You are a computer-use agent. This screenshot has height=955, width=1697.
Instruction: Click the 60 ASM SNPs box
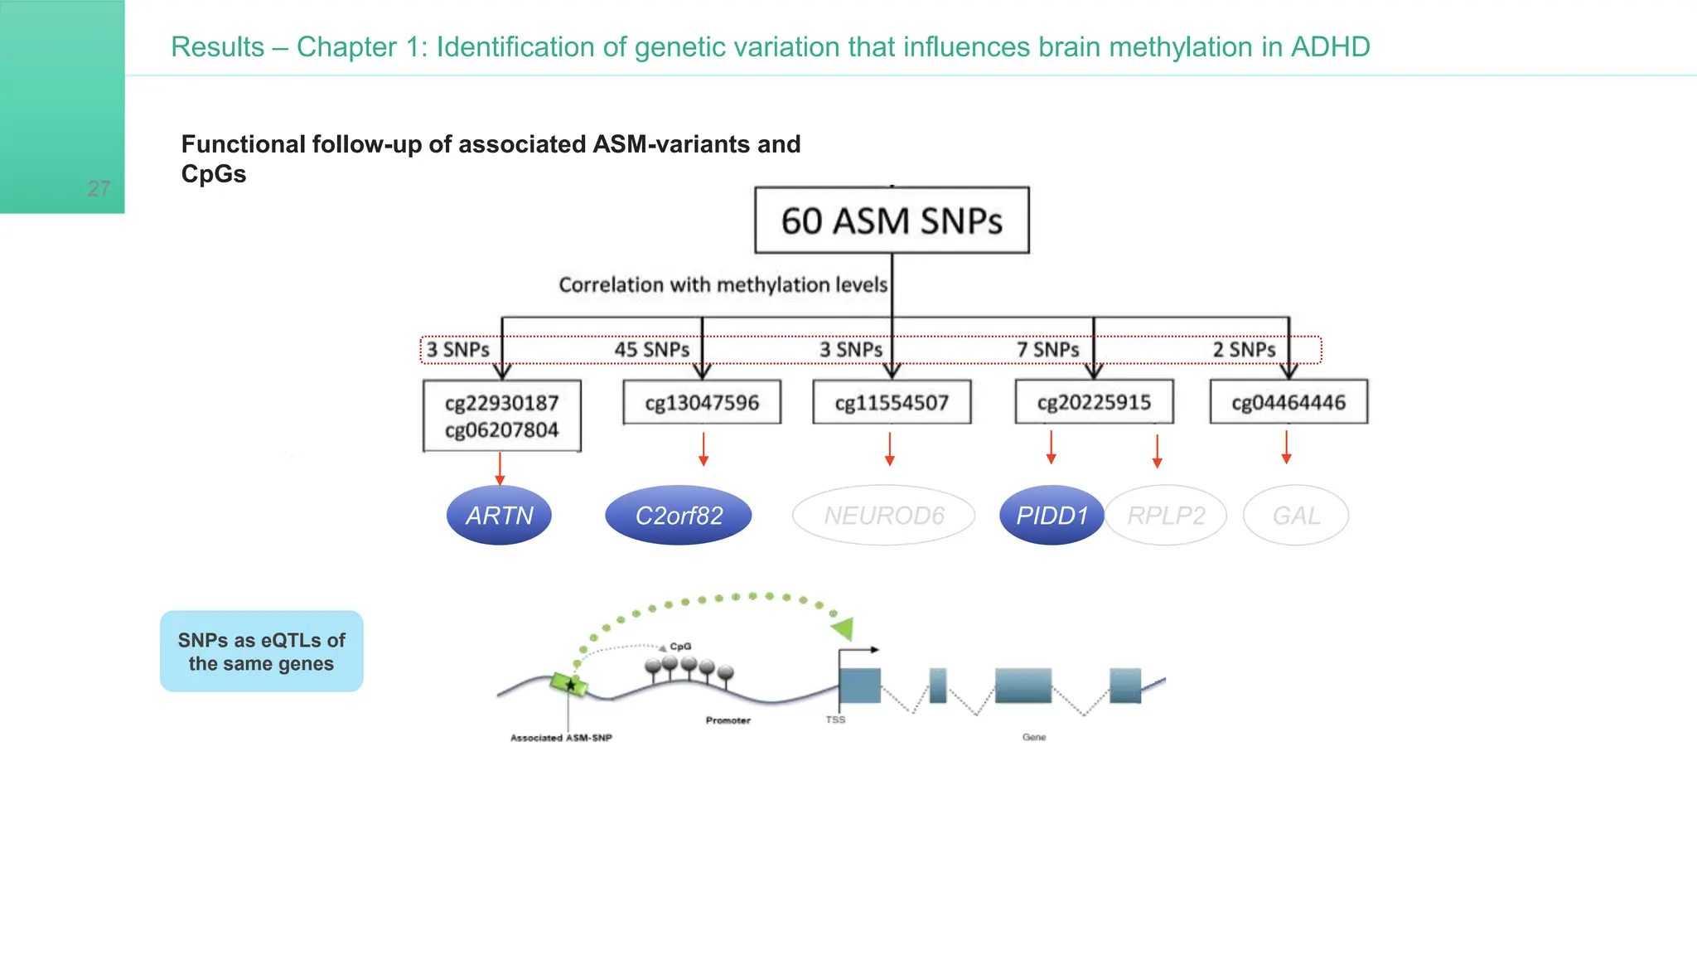tap(892, 221)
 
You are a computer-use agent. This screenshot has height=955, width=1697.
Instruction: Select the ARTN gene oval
tap(499, 516)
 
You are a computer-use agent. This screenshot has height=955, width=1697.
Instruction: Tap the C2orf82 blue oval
tap(679, 516)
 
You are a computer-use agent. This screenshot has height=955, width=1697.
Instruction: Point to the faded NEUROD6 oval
tap(883, 516)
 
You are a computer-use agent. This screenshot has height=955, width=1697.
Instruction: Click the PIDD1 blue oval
tap(1052, 516)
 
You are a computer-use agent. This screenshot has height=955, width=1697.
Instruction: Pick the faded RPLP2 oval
tap(1166, 516)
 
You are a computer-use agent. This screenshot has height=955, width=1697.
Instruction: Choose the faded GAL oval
tap(1296, 516)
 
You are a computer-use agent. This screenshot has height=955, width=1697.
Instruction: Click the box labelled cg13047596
tap(702, 403)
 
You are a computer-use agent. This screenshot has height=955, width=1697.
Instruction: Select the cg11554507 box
tap(892, 403)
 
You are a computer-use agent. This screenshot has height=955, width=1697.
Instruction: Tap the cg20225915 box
tap(1094, 402)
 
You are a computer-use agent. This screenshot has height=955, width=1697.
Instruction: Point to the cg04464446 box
tap(1288, 402)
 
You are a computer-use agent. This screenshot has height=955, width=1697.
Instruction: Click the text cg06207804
tap(501, 430)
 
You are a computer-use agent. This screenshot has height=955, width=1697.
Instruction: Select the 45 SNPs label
tap(651, 350)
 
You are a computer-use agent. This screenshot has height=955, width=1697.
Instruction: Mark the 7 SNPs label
tap(1047, 350)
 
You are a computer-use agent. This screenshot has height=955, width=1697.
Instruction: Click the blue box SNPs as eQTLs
tap(261, 652)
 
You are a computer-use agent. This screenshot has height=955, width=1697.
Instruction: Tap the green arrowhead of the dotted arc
tap(844, 628)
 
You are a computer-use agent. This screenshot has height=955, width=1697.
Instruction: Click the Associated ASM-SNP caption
tap(561, 738)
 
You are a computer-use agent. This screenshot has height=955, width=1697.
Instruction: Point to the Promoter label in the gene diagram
tap(728, 720)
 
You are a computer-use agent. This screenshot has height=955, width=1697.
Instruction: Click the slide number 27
tap(99, 189)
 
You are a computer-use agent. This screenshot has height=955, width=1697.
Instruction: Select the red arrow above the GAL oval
tap(1286, 447)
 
